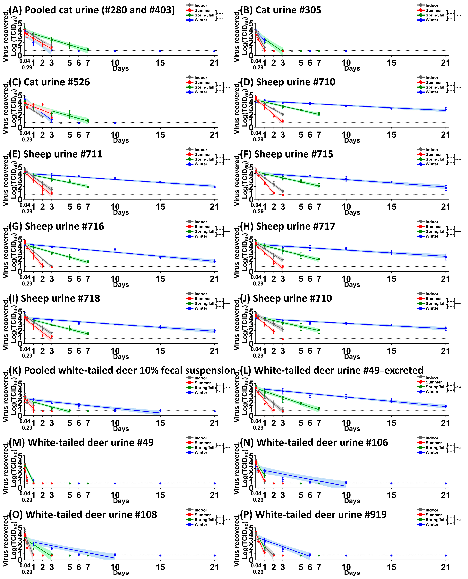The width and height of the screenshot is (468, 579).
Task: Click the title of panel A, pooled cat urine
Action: pyautogui.click(x=92, y=10)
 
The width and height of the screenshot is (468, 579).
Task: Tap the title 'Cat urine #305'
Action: pyautogui.click(x=280, y=10)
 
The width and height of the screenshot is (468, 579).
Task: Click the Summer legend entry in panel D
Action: pyautogui.click(x=434, y=82)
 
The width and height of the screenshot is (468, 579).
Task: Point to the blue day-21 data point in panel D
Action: pyautogui.click(x=446, y=109)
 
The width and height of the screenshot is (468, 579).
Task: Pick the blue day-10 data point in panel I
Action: pyautogui.click(x=115, y=324)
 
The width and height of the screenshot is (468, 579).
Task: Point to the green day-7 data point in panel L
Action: pyautogui.click(x=319, y=409)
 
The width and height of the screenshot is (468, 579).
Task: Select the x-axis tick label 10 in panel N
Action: pyautogui.click(x=346, y=495)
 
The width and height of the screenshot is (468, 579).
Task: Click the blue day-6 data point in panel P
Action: pyautogui.click(x=310, y=555)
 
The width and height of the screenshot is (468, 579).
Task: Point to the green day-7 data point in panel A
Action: pyautogui.click(x=88, y=49)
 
